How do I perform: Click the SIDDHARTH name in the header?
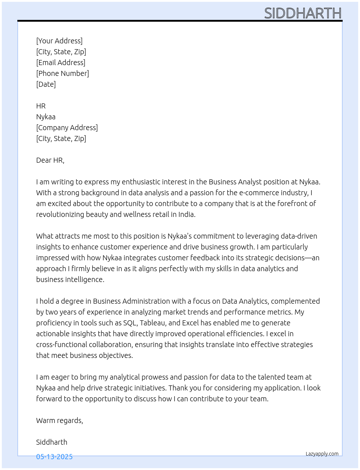[x=303, y=13]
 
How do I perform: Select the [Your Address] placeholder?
[x=59, y=41]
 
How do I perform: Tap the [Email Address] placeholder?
[x=61, y=63]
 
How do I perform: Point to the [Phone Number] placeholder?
[x=63, y=73]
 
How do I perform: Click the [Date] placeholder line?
[x=46, y=84]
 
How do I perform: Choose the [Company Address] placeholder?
[x=67, y=128]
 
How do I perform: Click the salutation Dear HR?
[x=50, y=160]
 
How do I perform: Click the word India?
[x=187, y=214]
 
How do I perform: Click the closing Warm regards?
[x=60, y=420]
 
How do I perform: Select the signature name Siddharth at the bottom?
[x=52, y=442]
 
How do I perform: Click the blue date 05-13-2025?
[x=54, y=457]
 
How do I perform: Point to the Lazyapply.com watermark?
[x=322, y=454]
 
